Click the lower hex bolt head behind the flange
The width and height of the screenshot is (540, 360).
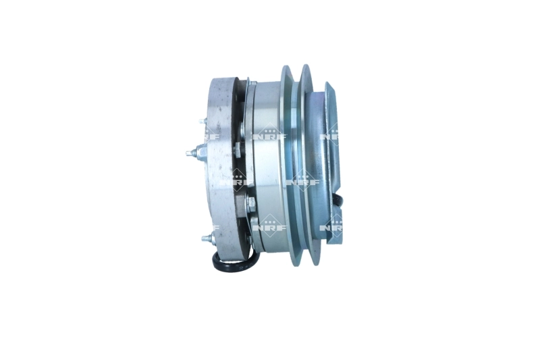[x=251, y=203]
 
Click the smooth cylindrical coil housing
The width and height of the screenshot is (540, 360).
[x=267, y=169]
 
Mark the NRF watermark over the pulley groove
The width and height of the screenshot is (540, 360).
[x=302, y=181]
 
